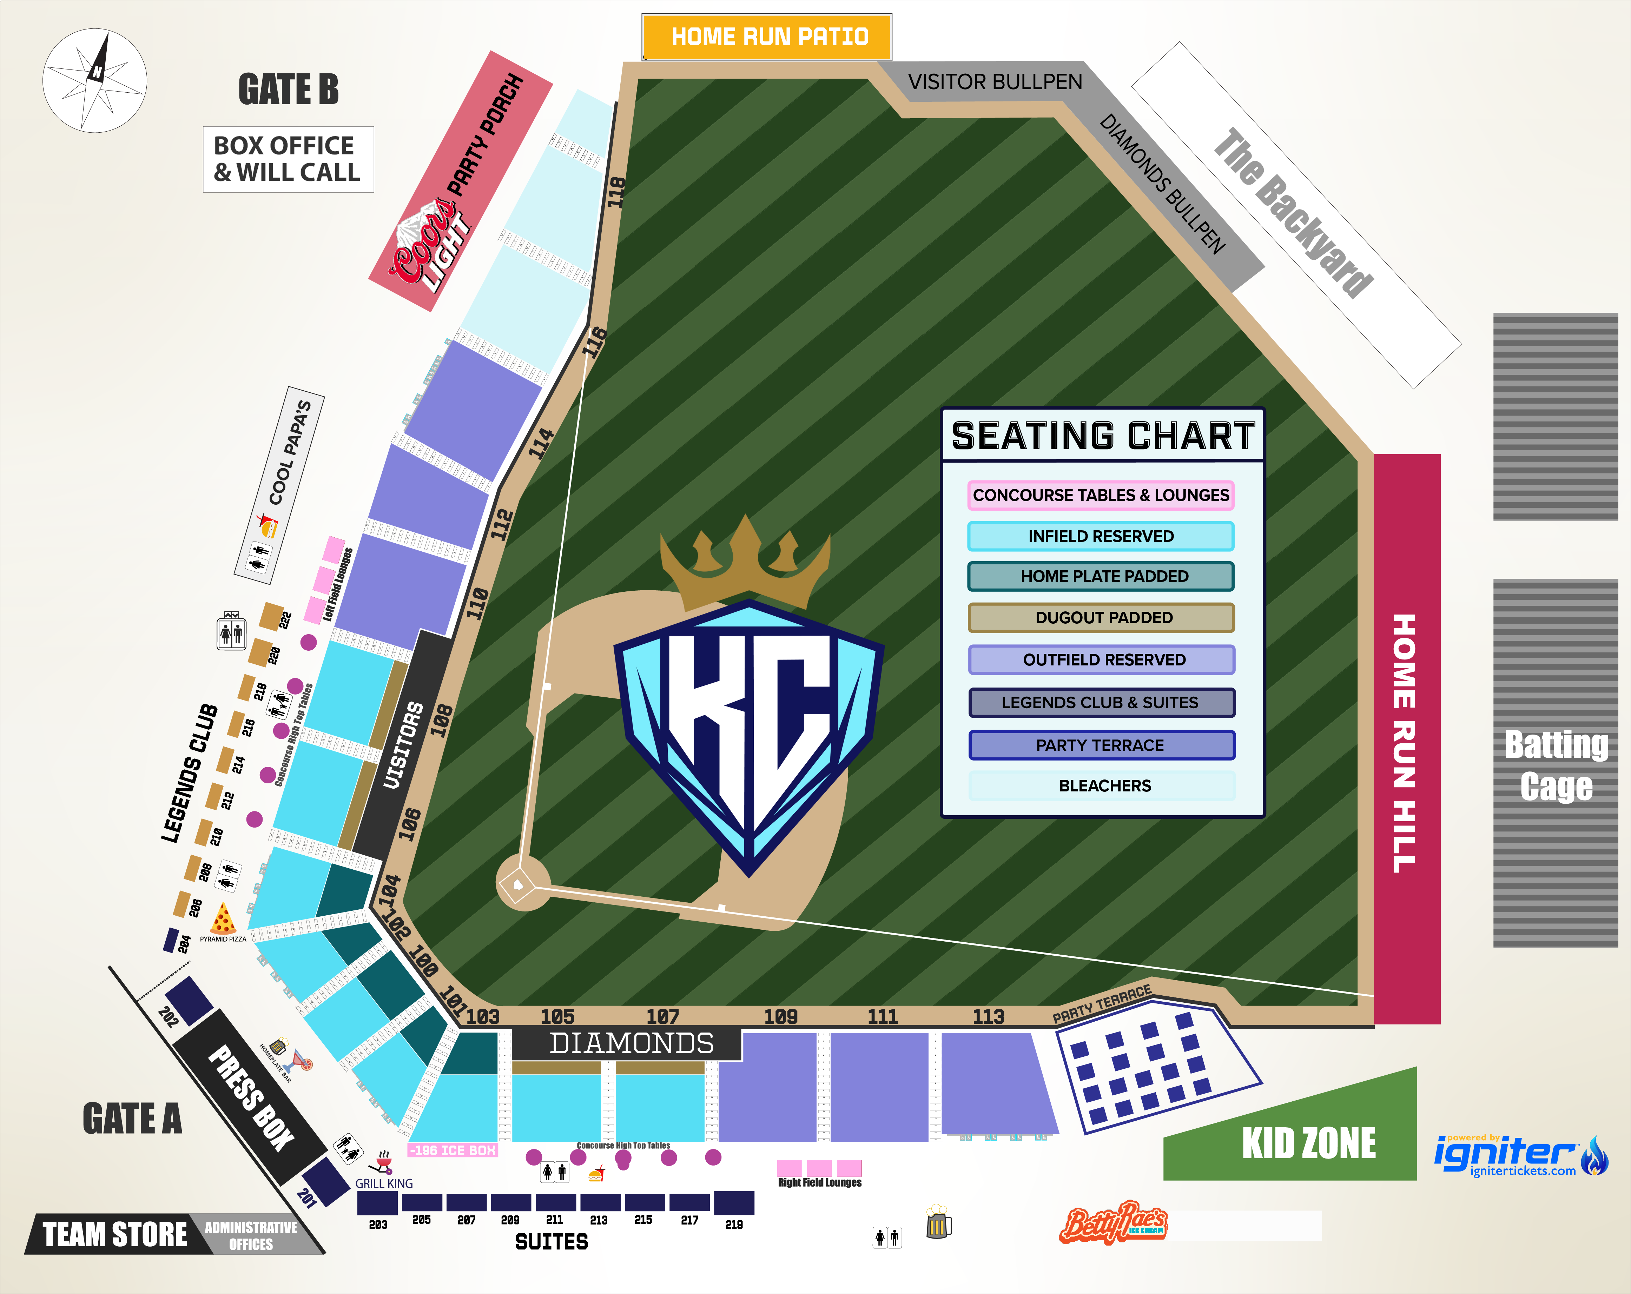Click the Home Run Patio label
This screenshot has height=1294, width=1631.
[x=767, y=36]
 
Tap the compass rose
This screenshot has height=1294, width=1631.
[x=94, y=80]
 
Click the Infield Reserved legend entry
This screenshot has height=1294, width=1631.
[x=1101, y=536]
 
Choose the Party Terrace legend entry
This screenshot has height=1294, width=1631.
[x=1101, y=745]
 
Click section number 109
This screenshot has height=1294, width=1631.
[x=781, y=1016]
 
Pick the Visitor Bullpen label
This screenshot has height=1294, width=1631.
[x=995, y=82]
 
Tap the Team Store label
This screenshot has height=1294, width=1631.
[x=115, y=1234]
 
